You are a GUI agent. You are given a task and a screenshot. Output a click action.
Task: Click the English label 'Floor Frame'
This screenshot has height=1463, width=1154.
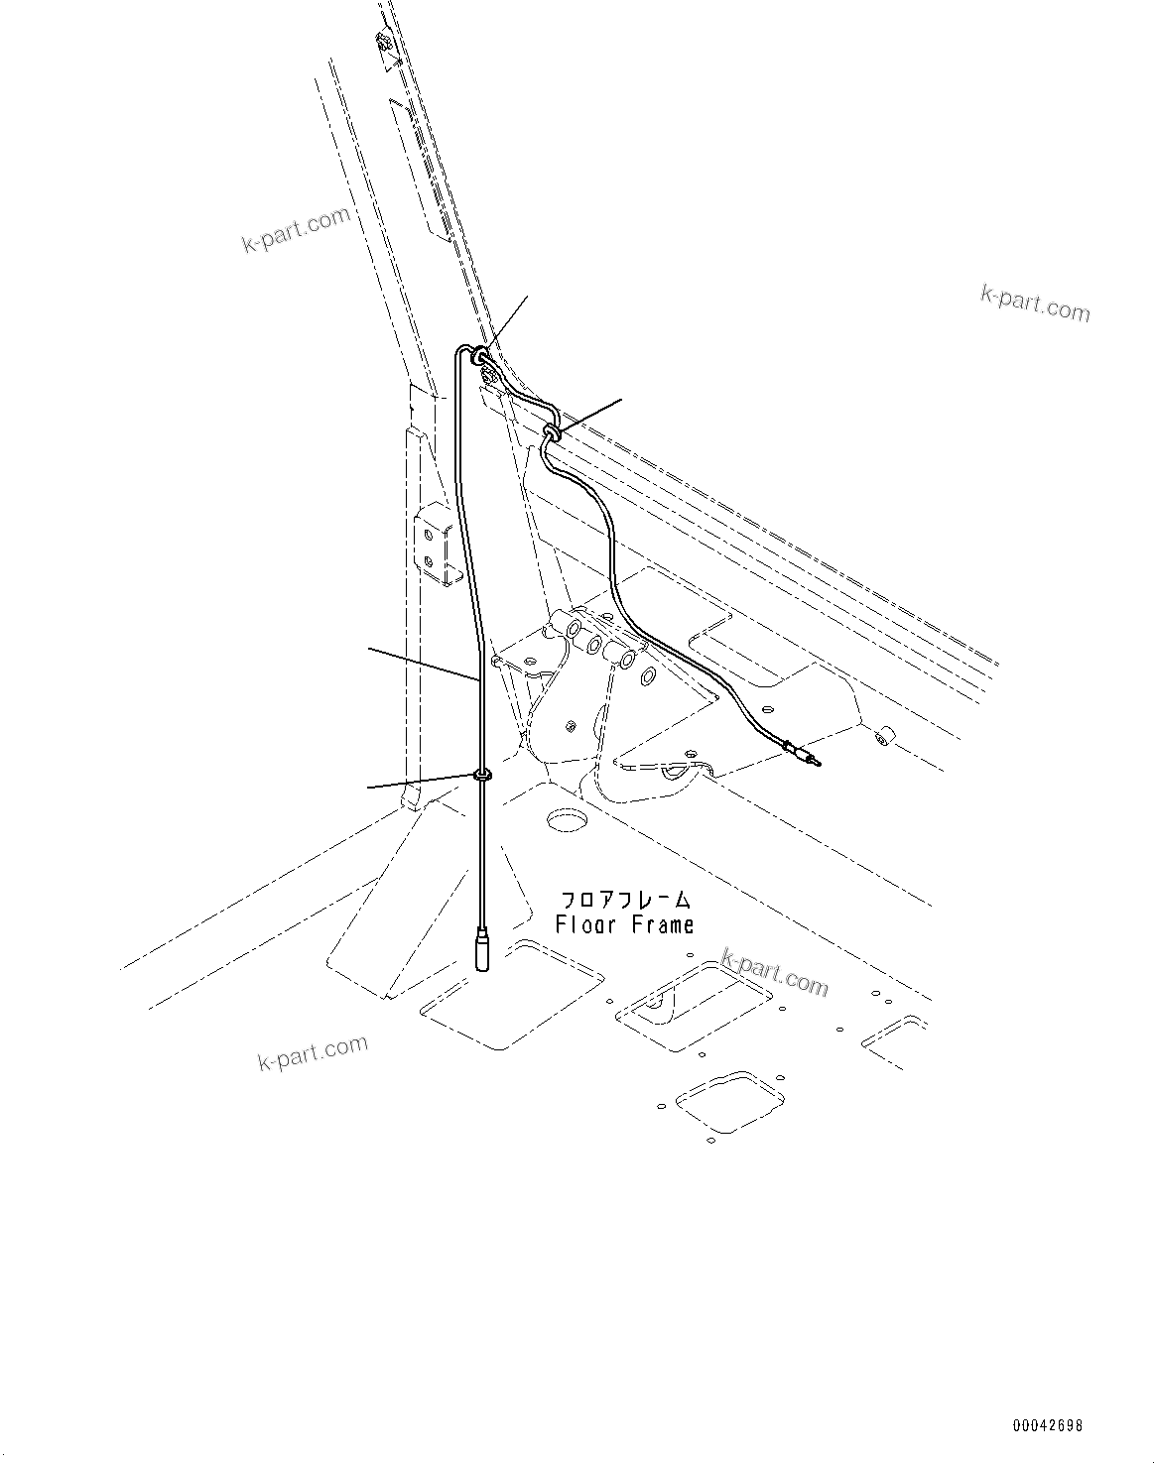pos(624,925)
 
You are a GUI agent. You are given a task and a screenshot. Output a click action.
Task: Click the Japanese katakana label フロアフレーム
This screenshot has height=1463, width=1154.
pos(625,901)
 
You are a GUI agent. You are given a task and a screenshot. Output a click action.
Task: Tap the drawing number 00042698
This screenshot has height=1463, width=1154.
pos(1047,1426)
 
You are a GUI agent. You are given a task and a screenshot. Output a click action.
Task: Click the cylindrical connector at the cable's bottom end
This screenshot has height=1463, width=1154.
pos(482,949)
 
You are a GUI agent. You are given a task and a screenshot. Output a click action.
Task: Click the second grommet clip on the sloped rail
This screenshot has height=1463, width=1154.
pos(552,430)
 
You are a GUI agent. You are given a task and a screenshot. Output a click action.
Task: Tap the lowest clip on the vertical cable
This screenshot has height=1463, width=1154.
pos(483,775)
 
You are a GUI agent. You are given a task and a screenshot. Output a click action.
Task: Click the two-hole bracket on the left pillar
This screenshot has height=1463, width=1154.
pos(435,548)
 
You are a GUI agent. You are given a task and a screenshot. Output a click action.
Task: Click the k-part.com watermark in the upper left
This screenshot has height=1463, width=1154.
pos(296,229)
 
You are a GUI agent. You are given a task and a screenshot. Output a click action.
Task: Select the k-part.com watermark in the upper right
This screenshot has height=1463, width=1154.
pos(1034,303)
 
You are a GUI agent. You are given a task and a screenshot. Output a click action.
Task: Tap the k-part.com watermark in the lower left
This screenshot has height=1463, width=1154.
pos(312,1052)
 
